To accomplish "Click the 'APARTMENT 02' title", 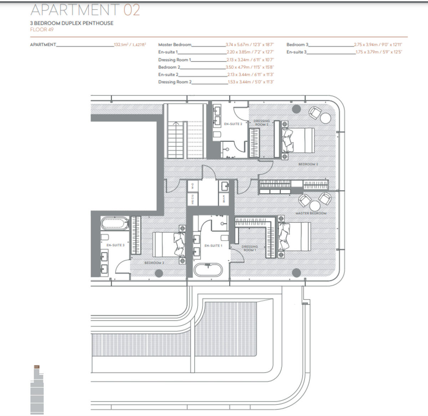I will tap(85, 10).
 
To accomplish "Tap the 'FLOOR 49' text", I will tap(42, 30).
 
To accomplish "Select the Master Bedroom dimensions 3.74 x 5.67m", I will tap(250, 45).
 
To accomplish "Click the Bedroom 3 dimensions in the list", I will tap(378, 45).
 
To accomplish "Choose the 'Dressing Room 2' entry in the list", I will tap(175, 82).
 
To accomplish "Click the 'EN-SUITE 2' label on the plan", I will tap(233, 124).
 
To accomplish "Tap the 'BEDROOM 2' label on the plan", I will tap(308, 164).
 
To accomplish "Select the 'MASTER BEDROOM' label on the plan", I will tap(311, 213).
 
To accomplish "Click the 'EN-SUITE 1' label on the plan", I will tap(213, 246).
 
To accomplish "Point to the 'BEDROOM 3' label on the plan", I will tap(154, 263).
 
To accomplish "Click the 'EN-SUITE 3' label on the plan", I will tap(115, 245).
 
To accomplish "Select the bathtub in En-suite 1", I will tap(208, 270).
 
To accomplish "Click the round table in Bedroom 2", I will tap(325, 118).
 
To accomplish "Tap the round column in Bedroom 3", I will tap(159, 273).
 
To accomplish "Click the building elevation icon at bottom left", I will tap(37, 390).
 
